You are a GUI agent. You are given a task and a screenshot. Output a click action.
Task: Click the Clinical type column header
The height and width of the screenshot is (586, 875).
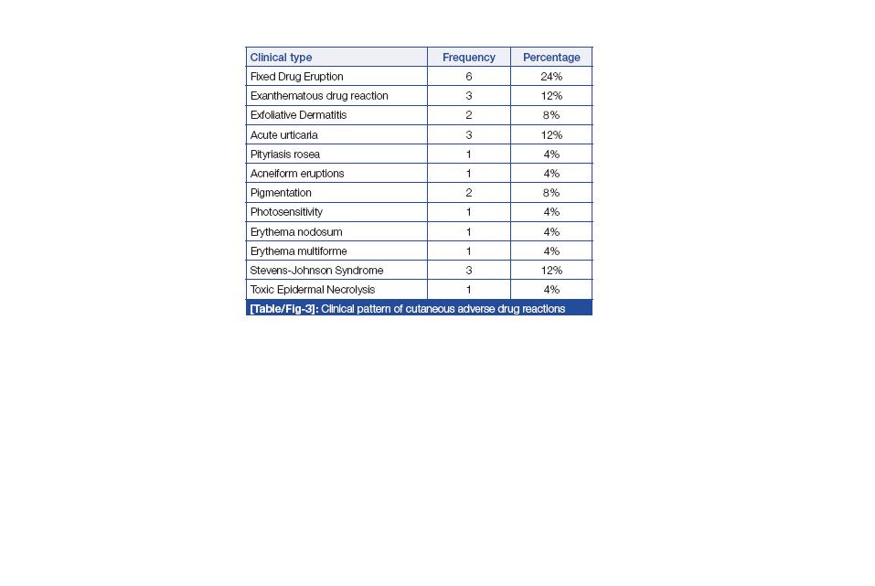pyautogui.click(x=281, y=58)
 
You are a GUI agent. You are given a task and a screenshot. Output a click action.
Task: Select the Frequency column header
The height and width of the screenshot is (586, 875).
pyautogui.click(x=468, y=58)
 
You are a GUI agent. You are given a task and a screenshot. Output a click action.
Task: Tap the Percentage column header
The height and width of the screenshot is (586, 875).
pyautogui.click(x=551, y=58)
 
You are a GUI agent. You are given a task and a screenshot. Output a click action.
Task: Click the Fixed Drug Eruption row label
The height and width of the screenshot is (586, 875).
pyautogui.click(x=296, y=77)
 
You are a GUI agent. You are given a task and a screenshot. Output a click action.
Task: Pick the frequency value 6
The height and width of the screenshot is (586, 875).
pyautogui.click(x=468, y=77)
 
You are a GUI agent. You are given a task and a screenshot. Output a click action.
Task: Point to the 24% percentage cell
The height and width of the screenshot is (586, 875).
pyautogui.click(x=551, y=77)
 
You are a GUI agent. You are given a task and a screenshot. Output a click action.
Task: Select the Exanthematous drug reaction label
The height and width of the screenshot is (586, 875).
pyautogui.click(x=319, y=96)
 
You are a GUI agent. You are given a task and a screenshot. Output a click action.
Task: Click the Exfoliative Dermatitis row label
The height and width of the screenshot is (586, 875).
pyautogui.click(x=298, y=115)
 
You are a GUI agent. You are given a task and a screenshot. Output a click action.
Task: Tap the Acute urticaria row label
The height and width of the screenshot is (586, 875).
pyautogui.click(x=283, y=135)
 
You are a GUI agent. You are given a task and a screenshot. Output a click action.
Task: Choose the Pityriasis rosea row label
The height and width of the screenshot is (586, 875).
pyautogui.click(x=284, y=154)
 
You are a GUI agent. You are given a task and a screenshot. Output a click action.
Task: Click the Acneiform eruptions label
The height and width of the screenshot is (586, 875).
pyautogui.click(x=297, y=174)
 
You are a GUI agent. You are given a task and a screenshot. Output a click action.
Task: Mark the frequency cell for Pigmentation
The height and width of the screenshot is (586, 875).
pyautogui.click(x=468, y=193)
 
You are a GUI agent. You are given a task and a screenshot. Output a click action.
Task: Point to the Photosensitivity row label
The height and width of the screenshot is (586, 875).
pyautogui.click(x=286, y=212)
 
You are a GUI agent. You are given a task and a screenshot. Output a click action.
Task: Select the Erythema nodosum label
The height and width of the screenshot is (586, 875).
pyautogui.click(x=296, y=232)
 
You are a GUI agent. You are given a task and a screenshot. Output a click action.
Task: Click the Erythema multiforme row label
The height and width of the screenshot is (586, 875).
pyautogui.click(x=298, y=251)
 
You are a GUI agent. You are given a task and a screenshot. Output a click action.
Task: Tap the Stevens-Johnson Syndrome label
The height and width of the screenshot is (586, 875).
pyautogui.click(x=316, y=271)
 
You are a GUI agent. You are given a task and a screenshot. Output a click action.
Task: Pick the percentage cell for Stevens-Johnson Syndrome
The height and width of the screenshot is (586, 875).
pyautogui.click(x=551, y=271)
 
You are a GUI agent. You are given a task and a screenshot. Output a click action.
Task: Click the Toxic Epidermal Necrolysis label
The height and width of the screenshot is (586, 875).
pyautogui.click(x=313, y=290)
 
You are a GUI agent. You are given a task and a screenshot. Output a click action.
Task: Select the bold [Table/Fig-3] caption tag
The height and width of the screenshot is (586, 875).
pyautogui.click(x=283, y=309)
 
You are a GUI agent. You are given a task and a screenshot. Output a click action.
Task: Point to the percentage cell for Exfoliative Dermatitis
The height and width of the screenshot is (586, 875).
pyautogui.click(x=551, y=115)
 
